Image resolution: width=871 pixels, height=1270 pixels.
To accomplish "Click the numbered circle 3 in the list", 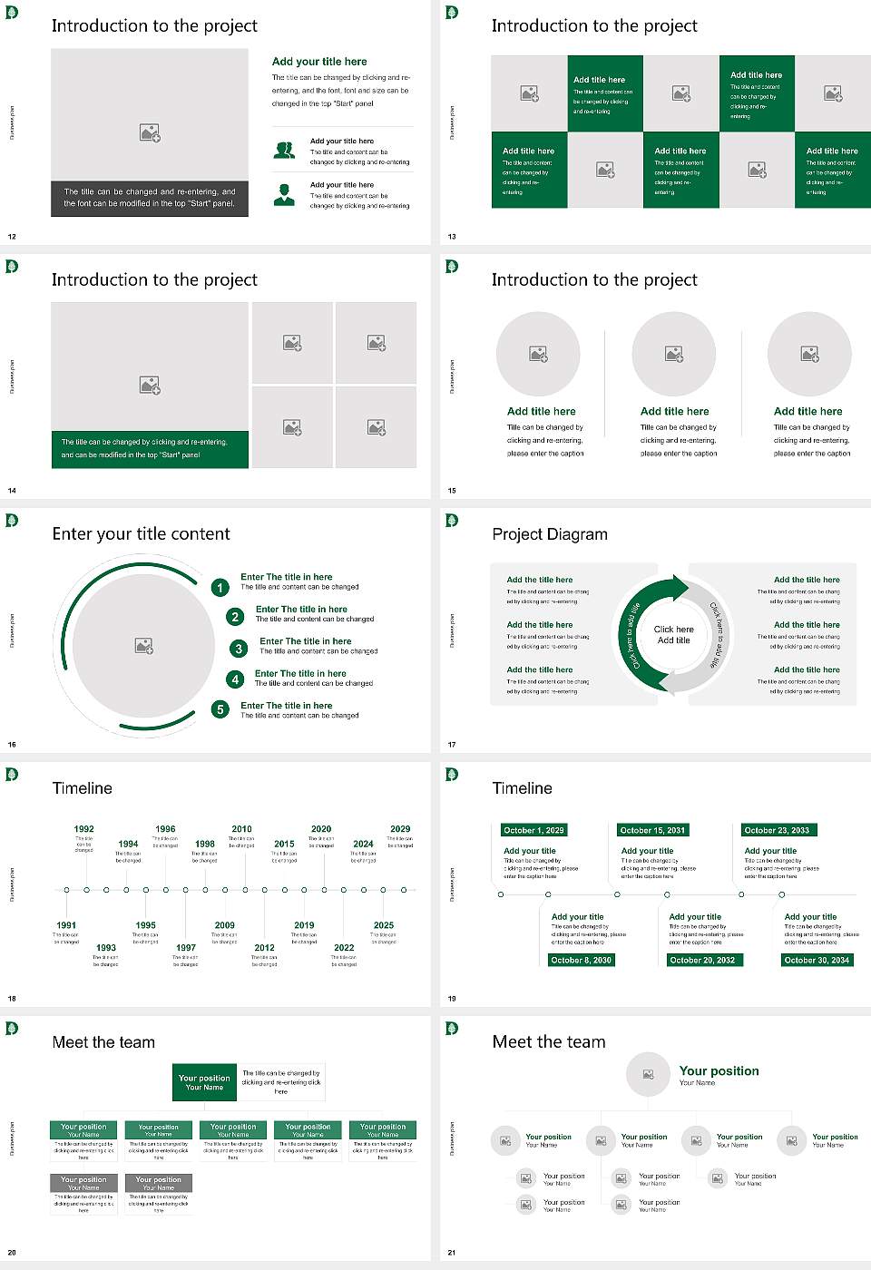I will [x=239, y=649].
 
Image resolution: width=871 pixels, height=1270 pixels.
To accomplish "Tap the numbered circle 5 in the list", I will [x=220, y=709].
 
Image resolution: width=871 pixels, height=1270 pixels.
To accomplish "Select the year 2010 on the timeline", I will [x=241, y=829].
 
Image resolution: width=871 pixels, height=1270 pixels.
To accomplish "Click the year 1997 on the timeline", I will [x=186, y=947].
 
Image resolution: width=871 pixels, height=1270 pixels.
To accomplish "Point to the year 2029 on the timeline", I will [x=400, y=829].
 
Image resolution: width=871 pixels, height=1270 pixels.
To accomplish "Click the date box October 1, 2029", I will [x=533, y=830].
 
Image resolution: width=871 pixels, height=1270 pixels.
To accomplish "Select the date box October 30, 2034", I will [x=817, y=960].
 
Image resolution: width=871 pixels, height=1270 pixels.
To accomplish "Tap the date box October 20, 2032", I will [x=701, y=960].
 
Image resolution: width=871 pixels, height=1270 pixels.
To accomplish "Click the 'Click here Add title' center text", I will [x=673, y=635].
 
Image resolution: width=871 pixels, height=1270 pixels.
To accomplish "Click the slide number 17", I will [x=452, y=745].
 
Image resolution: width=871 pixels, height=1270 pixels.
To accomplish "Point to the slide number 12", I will [x=12, y=237].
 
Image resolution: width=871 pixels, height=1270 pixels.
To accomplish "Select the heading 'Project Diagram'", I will [x=550, y=534].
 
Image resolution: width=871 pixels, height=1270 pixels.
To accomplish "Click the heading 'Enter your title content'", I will [x=141, y=534].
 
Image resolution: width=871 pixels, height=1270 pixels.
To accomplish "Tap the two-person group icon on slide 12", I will [x=284, y=151].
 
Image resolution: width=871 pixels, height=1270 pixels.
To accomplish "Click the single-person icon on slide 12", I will [x=284, y=194].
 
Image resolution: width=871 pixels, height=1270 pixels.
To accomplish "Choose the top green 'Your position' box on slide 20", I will [x=204, y=1082].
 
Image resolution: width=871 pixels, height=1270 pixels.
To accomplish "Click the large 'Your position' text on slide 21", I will [x=719, y=1071].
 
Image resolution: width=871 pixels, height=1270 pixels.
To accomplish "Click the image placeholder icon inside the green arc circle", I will [x=143, y=645].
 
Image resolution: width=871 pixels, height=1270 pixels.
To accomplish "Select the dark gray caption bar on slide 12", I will [x=150, y=198].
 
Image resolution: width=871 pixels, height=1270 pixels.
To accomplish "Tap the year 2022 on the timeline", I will [x=344, y=947].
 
